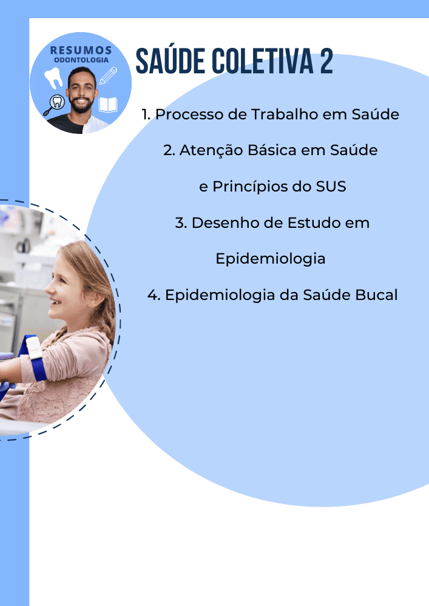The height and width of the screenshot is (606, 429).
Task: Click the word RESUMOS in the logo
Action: [81, 50]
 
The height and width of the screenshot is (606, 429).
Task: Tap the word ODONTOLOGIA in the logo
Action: [81, 60]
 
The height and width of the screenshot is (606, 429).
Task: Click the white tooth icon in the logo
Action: [53, 78]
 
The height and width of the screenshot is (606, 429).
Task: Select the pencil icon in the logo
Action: [108, 76]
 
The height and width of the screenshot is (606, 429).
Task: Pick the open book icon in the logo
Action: [108, 104]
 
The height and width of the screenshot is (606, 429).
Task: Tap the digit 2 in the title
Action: [326, 61]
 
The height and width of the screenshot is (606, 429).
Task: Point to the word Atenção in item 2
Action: [211, 150]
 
